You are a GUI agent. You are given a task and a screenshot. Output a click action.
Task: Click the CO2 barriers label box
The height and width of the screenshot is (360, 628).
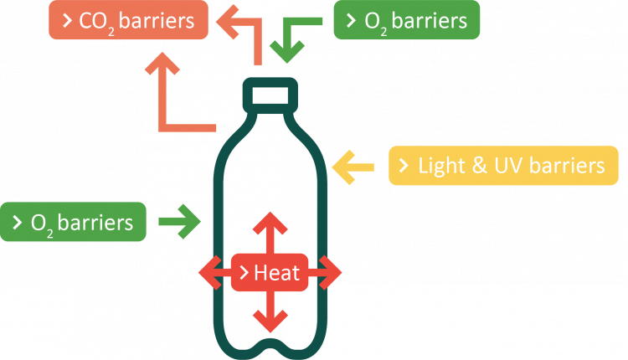pyautogui.click(x=127, y=20)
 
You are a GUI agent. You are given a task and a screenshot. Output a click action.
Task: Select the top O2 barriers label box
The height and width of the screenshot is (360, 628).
pyautogui.click(x=406, y=20)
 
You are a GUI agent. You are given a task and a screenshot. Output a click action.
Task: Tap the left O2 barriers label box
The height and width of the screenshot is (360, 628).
pyautogui.click(x=73, y=222)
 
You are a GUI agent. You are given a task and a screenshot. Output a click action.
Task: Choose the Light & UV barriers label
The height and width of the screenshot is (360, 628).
pyautogui.click(x=502, y=167)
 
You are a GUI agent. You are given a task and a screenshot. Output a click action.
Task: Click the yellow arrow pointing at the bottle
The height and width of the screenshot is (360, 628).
pyautogui.click(x=352, y=167)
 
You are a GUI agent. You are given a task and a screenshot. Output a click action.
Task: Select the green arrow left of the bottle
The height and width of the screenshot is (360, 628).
pyautogui.click(x=179, y=222)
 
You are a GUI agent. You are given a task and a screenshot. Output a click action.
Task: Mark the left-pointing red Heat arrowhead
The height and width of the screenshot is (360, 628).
pyautogui.click(x=209, y=272)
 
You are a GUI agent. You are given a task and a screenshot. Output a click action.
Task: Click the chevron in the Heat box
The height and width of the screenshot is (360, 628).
pyautogui.click(x=244, y=272)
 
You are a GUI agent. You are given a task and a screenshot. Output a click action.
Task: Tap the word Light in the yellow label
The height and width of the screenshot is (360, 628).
pyautogui.click(x=440, y=167)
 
